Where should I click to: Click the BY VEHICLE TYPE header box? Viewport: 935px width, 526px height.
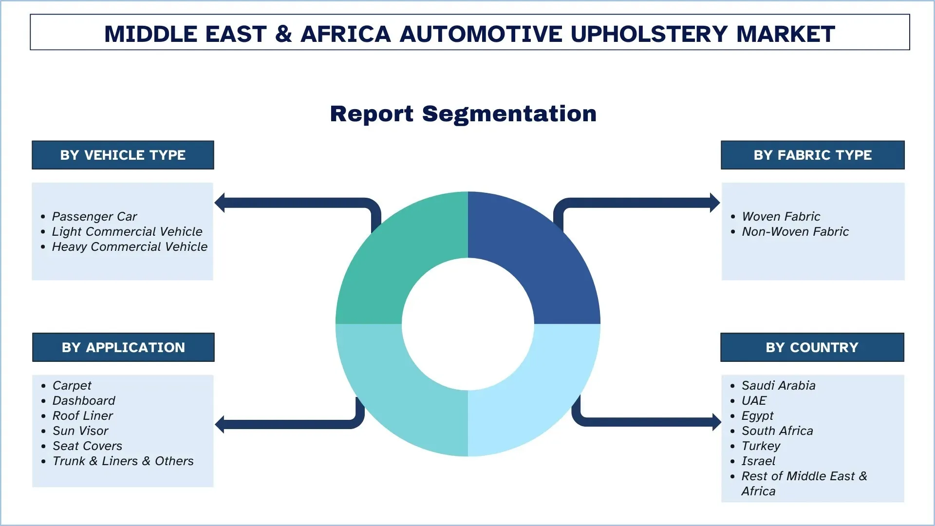[123, 155]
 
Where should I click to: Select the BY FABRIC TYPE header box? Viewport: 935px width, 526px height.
[812, 155]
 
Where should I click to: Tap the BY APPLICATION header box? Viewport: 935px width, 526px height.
[123, 347]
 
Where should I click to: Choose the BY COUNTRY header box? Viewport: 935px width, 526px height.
[812, 347]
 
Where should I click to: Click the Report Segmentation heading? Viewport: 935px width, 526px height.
[463, 114]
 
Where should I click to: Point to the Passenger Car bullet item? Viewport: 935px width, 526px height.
[94, 216]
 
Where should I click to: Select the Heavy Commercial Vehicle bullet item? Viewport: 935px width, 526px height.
[130, 246]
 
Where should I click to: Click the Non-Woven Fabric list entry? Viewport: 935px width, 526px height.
[795, 231]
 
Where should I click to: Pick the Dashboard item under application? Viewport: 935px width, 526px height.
[84, 400]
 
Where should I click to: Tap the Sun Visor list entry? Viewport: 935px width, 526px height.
[80, 431]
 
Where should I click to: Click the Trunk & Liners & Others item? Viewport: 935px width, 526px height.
[123, 461]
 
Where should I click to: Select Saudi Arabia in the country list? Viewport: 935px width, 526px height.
[778, 385]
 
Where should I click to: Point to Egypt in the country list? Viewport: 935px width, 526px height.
[757, 415]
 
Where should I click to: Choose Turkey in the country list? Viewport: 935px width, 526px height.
[761, 446]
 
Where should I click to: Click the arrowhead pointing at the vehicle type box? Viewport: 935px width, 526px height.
[220, 203]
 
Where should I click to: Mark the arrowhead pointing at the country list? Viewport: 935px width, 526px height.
[716, 422]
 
